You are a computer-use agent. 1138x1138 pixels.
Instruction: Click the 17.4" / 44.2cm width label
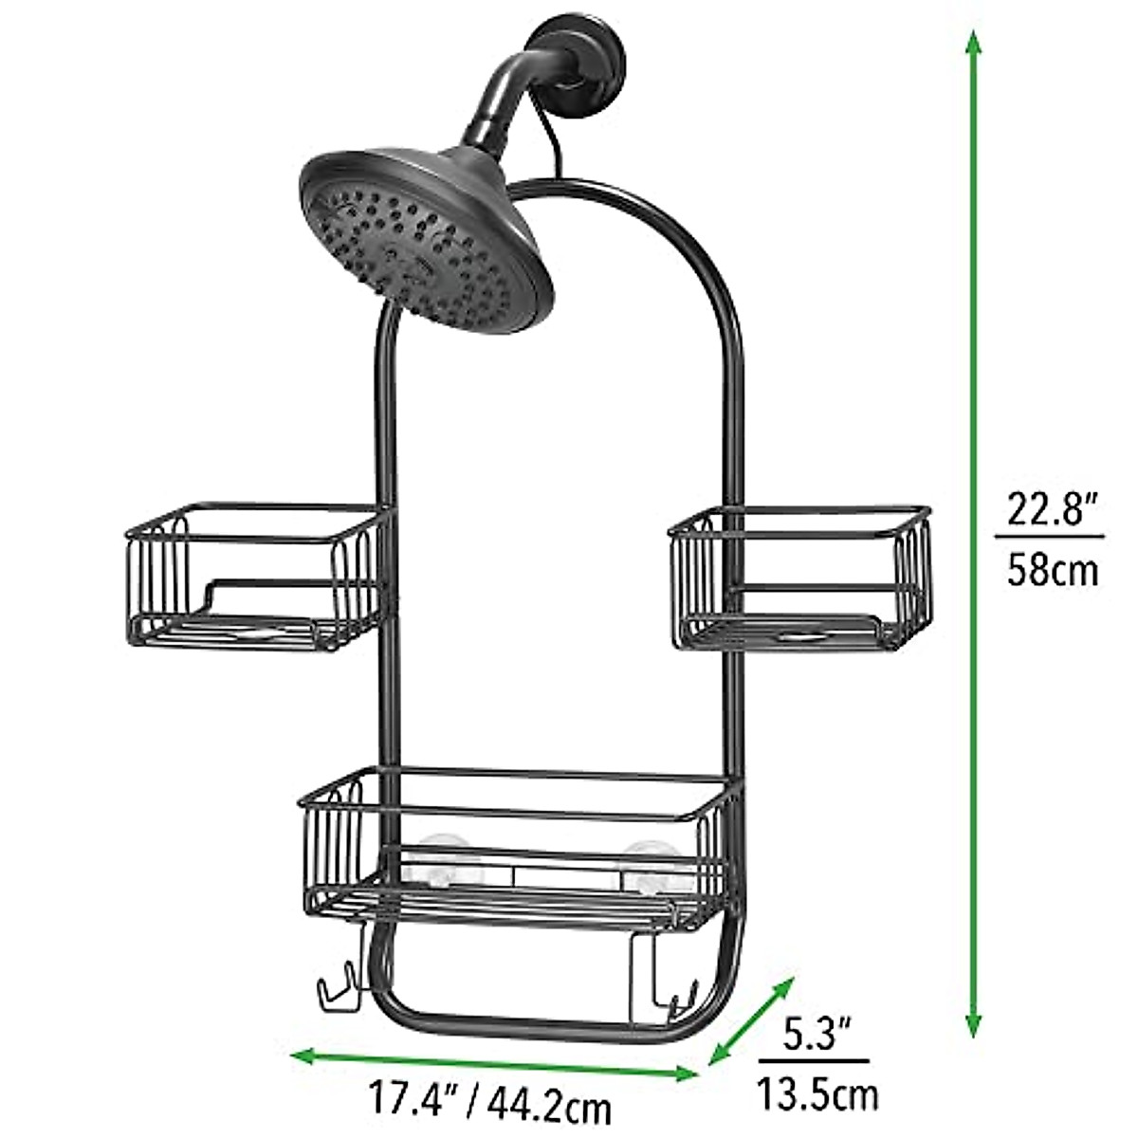point(488,1106)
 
